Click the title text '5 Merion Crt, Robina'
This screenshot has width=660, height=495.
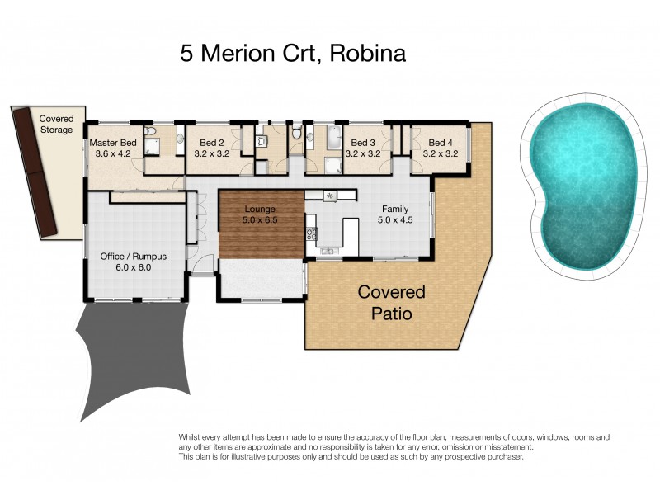click(x=294, y=54)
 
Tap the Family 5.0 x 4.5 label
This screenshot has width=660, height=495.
click(x=395, y=214)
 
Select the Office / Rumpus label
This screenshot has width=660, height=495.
click(x=133, y=262)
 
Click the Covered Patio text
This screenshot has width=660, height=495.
click(x=391, y=303)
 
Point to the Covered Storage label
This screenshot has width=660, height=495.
click(x=56, y=125)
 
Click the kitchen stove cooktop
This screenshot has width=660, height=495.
click(x=313, y=233)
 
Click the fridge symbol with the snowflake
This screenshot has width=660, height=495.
click(x=330, y=196)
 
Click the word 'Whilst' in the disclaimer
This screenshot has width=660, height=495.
click(x=190, y=436)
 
